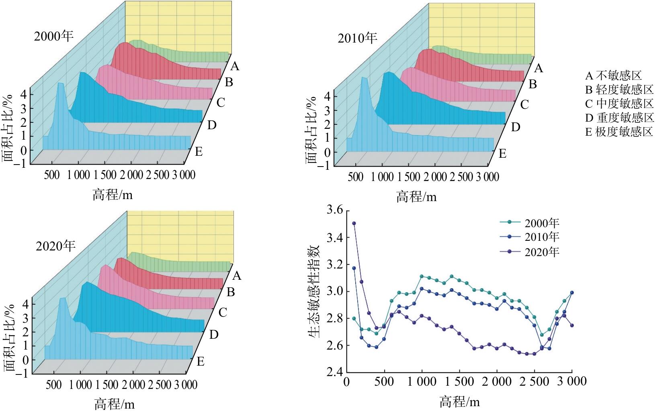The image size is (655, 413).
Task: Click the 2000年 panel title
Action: [54, 36]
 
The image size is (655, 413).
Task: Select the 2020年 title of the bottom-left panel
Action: [56, 246]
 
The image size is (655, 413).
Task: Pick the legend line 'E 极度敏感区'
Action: [619, 132]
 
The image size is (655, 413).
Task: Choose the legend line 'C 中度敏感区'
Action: [619, 104]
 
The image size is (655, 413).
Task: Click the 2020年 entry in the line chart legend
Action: [530, 252]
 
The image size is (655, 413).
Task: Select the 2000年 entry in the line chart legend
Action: [530, 223]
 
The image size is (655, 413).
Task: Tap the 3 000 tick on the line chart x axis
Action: [571, 381]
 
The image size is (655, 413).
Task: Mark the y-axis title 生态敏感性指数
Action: [315, 291]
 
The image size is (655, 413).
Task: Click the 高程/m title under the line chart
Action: [460, 401]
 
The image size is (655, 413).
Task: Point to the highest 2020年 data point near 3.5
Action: [354, 223]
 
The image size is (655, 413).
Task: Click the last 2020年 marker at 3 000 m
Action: [572, 326]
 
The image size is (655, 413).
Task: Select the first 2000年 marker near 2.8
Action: [354, 319]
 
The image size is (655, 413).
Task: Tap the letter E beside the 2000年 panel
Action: [199, 152]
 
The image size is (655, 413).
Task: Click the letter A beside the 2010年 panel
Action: [539, 68]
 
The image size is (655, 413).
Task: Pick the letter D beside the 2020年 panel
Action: [214, 334]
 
